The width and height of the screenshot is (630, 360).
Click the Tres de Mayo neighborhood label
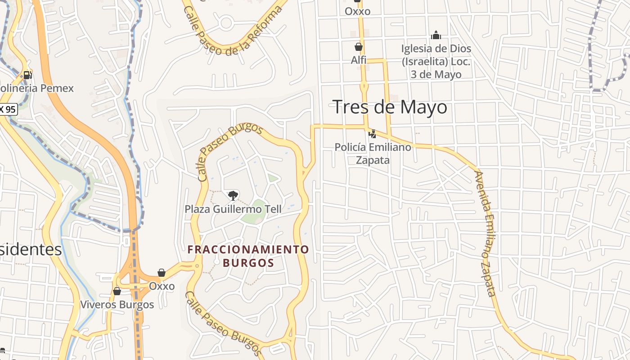pos(390,107)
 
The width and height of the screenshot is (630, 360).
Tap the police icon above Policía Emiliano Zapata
pos(372,134)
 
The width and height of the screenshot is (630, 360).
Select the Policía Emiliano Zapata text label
pos(373,153)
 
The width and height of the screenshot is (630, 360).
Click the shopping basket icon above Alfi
pos(359,47)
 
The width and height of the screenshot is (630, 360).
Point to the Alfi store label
pos(359,60)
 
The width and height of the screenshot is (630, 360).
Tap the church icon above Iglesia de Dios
pos(436,35)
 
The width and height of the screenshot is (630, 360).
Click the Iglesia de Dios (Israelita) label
pos(436,62)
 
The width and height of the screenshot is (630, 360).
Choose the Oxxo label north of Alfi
pos(357,11)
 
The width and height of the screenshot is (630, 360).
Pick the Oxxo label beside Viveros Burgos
pos(162,286)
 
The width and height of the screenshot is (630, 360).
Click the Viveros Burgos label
pos(117,305)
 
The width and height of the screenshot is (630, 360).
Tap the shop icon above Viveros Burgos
pos(117,291)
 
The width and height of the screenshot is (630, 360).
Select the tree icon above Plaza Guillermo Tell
pos(233,195)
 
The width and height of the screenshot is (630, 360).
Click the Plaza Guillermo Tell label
pos(233,209)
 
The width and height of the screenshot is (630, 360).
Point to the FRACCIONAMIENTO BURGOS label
pos(248,256)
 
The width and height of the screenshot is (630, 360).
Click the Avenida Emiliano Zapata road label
pos(485,234)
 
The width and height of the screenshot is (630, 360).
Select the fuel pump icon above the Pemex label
pos(27,75)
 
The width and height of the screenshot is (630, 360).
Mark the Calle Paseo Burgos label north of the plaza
pos(229,151)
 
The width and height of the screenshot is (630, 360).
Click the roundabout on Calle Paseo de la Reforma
pos(226,22)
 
